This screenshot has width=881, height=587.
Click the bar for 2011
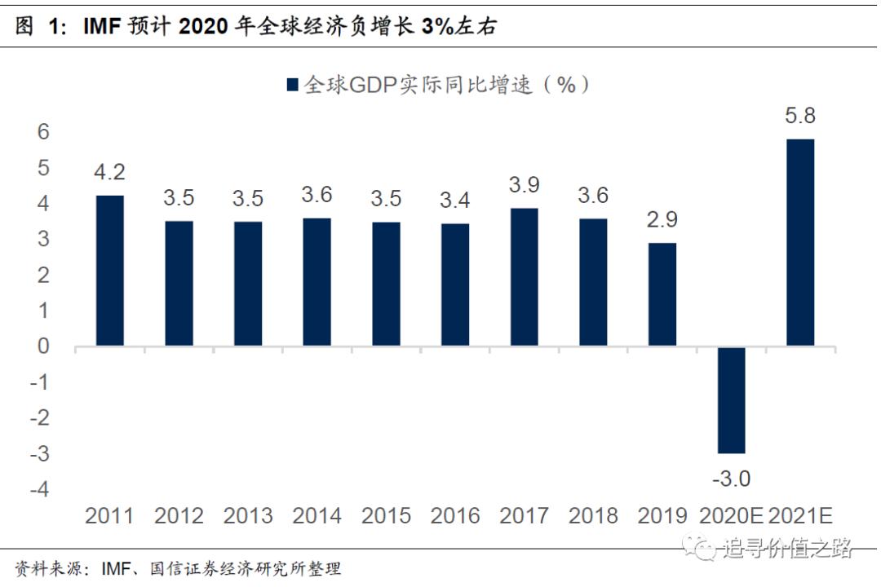click(x=109, y=271)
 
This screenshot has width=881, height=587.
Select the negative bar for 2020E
click(x=731, y=399)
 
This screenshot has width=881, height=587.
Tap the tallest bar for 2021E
click(x=799, y=243)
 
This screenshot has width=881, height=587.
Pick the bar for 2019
click(x=662, y=294)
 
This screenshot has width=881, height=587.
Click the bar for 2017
click(x=524, y=277)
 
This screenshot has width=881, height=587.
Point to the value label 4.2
click(x=109, y=172)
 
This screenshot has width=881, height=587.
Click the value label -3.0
click(x=731, y=479)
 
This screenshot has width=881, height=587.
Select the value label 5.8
click(x=799, y=116)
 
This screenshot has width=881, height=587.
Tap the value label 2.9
click(x=662, y=219)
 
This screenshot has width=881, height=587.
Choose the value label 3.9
click(x=524, y=184)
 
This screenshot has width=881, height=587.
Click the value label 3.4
click(x=454, y=201)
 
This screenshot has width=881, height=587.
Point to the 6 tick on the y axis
click(x=42, y=132)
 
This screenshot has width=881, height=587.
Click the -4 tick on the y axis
click(x=39, y=489)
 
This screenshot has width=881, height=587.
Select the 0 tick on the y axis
click(x=42, y=346)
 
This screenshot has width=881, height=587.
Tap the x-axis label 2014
click(x=317, y=516)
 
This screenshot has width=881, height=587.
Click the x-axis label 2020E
click(x=731, y=516)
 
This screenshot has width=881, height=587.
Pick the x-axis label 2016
click(x=454, y=516)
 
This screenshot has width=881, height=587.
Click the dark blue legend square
click(x=291, y=85)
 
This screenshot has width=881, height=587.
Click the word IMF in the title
click(x=105, y=27)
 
